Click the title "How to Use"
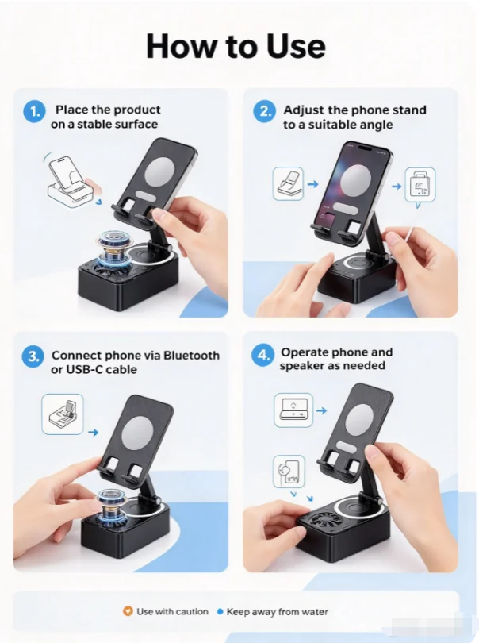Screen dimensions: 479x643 (x=236, y=46)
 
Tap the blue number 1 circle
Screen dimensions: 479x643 (x=34, y=112)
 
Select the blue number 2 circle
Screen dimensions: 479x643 (x=264, y=112)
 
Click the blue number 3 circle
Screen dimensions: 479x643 (x=33, y=356)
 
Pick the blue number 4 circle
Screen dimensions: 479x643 (x=262, y=355)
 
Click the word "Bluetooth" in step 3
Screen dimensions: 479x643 (x=191, y=355)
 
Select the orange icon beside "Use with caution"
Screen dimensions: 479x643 (x=128, y=611)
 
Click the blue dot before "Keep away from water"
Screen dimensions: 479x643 (x=220, y=612)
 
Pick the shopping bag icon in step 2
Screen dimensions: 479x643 (x=420, y=184)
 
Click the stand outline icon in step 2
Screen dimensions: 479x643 (x=289, y=183)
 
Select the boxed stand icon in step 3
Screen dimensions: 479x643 (x=63, y=414)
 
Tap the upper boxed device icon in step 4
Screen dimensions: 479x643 (x=293, y=410)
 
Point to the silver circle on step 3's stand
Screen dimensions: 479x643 (x=138, y=433)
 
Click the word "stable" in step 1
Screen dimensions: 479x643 (x=94, y=125)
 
